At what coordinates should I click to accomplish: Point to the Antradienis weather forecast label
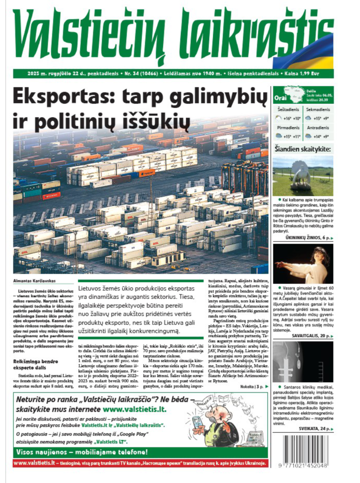point(318,128)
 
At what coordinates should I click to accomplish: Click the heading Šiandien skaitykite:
point(303,149)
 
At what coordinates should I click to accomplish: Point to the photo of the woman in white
point(303,264)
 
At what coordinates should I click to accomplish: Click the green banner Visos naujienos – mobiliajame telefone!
point(81,452)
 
